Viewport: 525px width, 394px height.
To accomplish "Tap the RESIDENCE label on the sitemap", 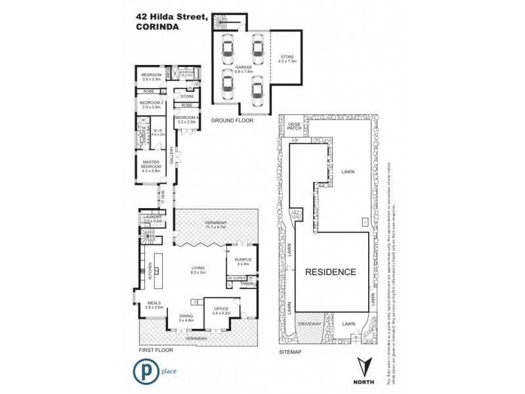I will coord(329,272).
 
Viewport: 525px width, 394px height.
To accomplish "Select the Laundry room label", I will coord(152,219).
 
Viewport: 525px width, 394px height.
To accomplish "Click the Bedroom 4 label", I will coord(186,120).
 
